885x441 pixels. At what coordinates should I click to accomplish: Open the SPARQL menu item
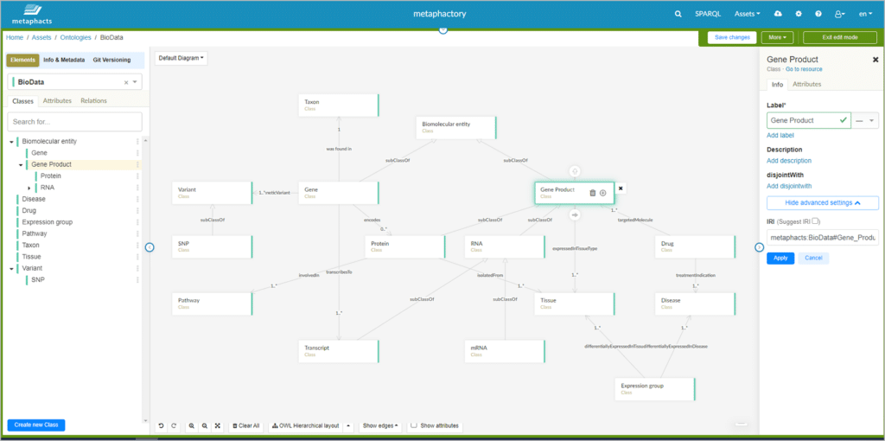pos(706,14)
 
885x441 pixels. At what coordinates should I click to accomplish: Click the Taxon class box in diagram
pos(339,105)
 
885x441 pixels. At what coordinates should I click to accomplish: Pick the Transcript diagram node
pos(339,350)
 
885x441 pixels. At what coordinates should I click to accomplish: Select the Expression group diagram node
pos(655,388)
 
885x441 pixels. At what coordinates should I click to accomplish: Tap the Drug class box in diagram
pos(693,246)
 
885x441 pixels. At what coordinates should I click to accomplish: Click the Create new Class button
pos(36,425)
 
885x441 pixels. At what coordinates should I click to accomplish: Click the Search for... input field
pos(74,122)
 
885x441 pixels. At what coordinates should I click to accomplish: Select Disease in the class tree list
pos(35,199)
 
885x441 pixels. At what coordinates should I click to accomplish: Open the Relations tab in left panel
pos(93,101)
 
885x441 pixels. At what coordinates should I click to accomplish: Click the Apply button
pos(780,258)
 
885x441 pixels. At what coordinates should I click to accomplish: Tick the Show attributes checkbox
pos(414,425)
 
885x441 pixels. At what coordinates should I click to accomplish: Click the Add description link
pos(789,161)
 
